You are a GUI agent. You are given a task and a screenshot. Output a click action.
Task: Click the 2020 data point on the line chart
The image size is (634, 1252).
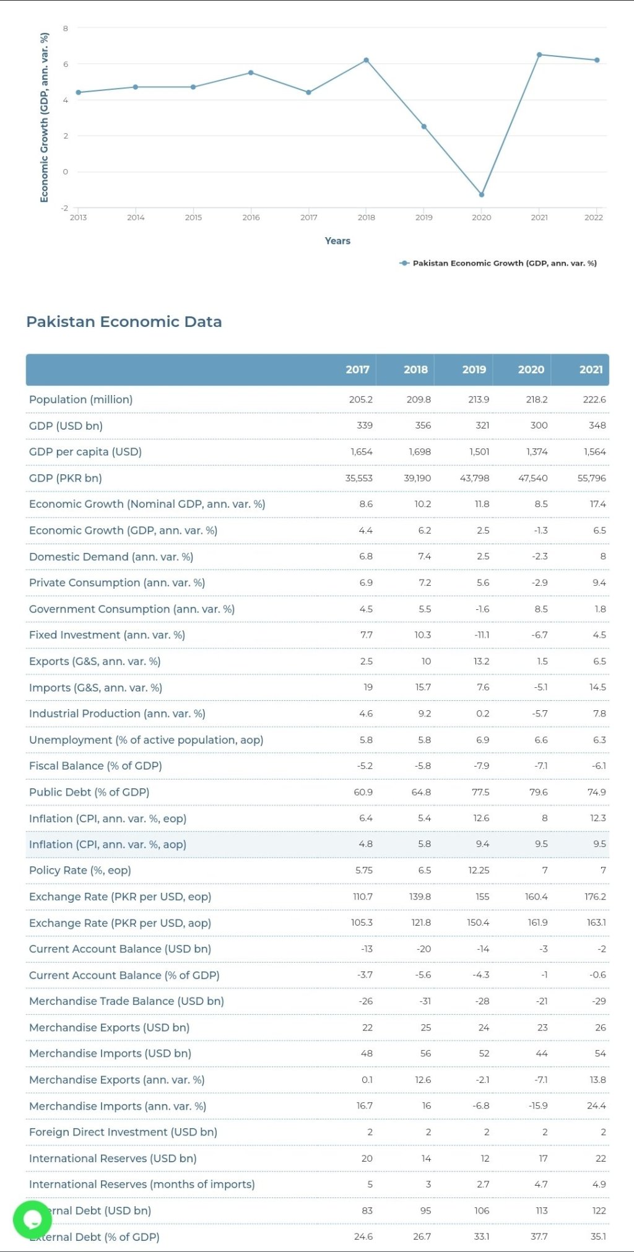tap(482, 194)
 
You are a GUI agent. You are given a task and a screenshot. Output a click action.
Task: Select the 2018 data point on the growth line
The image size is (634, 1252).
tap(367, 60)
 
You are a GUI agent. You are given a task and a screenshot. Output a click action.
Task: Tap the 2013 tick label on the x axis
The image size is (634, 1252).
tap(79, 217)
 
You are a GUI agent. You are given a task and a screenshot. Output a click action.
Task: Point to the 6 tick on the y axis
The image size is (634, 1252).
tap(65, 64)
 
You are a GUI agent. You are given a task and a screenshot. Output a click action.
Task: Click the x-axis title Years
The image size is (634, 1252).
tap(337, 241)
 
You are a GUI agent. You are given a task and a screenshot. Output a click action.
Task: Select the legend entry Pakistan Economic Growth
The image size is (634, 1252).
tap(498, 263)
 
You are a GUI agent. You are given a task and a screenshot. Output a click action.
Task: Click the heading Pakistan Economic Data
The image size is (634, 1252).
tap(124, 321)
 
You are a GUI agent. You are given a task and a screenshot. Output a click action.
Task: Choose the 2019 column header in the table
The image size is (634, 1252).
tap(474, 370)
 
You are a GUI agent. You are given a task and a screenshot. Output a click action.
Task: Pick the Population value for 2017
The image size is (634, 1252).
tap(361, 399)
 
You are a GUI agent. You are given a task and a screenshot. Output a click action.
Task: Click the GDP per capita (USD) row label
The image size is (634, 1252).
tap(85, 451)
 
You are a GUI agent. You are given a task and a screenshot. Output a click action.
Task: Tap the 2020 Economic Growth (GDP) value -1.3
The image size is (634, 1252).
tap(540, 530)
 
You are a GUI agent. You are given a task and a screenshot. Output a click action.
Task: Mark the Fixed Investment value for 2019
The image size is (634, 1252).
tap(482, 635)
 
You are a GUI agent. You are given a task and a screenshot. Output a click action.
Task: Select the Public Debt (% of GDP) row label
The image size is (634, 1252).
tap(89, 792)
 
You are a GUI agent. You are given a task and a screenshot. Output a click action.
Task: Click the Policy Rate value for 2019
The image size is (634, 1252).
tap(479, 870)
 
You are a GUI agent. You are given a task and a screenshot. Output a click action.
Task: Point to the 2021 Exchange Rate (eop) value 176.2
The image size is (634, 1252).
tap(596, 897)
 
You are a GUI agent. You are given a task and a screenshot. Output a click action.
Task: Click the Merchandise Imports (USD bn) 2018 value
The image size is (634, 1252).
tap(425, 1053)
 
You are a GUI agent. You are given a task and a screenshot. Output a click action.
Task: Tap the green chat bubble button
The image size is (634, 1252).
tap(32, 1219)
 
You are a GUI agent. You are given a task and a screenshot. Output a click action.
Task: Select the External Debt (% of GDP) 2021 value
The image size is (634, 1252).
tap(598, 1237)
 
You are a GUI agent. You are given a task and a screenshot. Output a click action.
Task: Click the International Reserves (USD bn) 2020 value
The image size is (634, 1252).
tap(543, 1158)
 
